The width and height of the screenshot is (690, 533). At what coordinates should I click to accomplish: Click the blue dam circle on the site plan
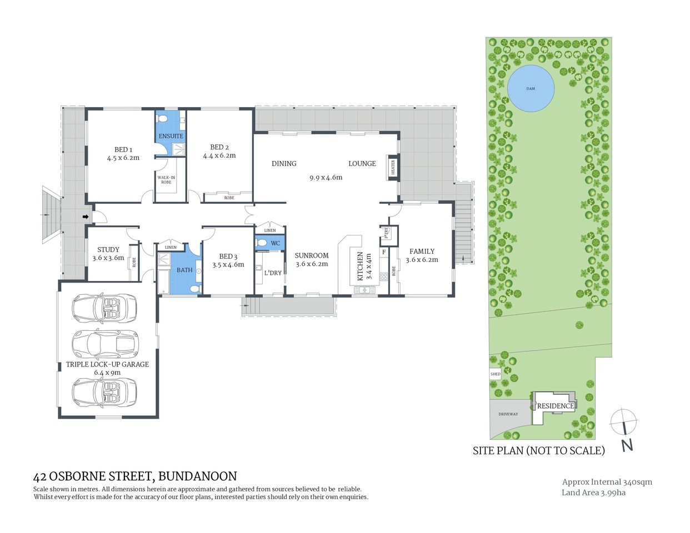pyautogui.click(x=531, y=88)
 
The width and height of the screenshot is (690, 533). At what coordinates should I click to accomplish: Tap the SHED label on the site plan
pyautogui.click(x=495, y=374)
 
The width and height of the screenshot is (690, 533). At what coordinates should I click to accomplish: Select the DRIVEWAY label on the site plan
pyautogui.click(x=508, y=414)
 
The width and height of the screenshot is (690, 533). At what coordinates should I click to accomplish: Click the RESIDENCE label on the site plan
pyautogui.click(x=555, y=406)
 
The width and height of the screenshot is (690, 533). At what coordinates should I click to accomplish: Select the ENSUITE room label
pyautogui.click(x=171, y=136)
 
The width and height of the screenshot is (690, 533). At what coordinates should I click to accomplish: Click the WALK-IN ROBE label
pyautogui.click(x=166, y=180)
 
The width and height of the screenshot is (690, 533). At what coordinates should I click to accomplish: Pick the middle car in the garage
pyautogui.click(x=105, y=344)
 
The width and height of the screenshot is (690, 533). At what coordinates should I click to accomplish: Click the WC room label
pyautogui.click(x=276, y=243)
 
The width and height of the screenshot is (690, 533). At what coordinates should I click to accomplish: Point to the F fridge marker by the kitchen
pyautogui.click(x=383, y=252)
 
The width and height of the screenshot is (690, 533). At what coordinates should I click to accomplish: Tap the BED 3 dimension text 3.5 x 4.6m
pyautogui.click(x=228, y=265)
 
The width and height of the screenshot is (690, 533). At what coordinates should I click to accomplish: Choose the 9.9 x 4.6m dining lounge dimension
pyautogui.click(x=326, y=178)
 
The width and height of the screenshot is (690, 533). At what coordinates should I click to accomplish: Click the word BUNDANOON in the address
pyautogui.click(x=198, y=476)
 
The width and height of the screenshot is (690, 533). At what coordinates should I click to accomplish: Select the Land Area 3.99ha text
pyautogui.click(x=593, y=492)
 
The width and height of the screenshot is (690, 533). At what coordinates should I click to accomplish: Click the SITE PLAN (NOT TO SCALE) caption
pyautogui.click(x=538, y=451)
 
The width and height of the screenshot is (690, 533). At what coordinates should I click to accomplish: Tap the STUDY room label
pyautogui.click(x=108, y=250)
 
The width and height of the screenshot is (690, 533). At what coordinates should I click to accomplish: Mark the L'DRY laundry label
pyautogui.click(x=273, y=273)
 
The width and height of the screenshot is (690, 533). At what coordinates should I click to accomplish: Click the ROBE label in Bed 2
pyautogui.click(x=229, y=198)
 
